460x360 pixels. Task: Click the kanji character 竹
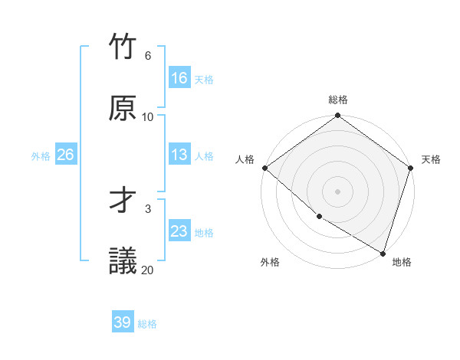(x=123, y=47)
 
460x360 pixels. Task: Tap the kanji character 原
(x=123, y=108)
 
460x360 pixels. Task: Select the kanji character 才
(x=123, y=200)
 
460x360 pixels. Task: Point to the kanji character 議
(x=123, y=261)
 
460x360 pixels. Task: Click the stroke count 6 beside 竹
(x=147, y=56)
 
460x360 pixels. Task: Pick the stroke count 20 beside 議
(x=148, y=270)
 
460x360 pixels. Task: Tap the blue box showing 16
(x=179, y=78)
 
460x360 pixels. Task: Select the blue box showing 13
(x=179, y=155)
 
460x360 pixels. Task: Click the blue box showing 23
(x=179, y=231)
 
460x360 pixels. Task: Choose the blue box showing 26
(x=65, y=155)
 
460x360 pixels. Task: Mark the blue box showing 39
(x=123, y=322)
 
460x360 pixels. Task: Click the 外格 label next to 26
(x=41, y=155)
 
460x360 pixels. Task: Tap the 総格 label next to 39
(x=147, y=324)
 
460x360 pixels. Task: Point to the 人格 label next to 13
(x=204, y=155)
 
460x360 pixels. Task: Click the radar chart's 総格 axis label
(x=338, y=100)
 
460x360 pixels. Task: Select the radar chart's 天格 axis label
(x=431, y=159)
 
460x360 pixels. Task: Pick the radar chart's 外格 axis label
(x=270, y=262)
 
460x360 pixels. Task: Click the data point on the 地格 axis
(x=383, y=252)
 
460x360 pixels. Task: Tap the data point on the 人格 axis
(x=264, y=168)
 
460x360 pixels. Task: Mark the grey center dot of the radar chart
(x=338, y=191)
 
